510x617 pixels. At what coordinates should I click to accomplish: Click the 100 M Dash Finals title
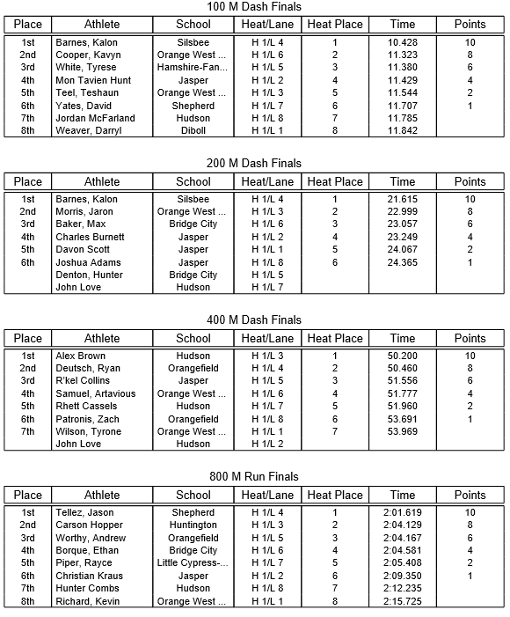point(255,7)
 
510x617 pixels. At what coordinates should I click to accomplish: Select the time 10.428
point(403,42)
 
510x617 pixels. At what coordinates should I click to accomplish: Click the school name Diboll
point(193,131)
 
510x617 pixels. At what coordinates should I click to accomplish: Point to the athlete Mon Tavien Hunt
point(94,80)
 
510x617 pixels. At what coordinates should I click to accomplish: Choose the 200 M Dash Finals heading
point(255,164)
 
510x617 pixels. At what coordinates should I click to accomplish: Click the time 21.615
point(403,199)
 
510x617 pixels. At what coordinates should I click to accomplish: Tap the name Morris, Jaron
point(84,211)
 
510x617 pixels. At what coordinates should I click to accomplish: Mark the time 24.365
point(403,262)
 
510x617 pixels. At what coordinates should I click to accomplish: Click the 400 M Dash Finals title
point(255,320)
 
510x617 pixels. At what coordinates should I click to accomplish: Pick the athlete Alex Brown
point(80,356)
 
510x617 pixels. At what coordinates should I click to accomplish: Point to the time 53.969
point(403,431)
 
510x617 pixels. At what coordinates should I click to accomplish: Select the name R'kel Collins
point(83,380)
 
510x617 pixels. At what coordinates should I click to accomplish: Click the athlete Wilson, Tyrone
point(88,431)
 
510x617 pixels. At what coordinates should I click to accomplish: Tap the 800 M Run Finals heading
point(255,477)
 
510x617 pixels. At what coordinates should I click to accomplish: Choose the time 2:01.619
point(403,512)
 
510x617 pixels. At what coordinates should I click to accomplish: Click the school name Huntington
point(193,525)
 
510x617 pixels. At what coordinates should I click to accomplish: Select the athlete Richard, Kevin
point(87,601)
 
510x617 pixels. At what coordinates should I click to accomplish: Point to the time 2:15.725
point(403,601)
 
